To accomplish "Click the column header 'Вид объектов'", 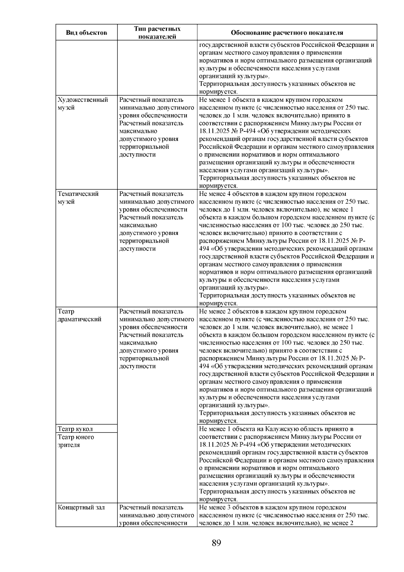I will [x=86, y=33].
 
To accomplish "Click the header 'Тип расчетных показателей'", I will [x=157, y=33].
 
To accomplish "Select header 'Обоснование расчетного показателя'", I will [x=287, y=33].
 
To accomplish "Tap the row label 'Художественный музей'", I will [x=83, y=104].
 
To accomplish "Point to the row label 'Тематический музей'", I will [x=78, y=198].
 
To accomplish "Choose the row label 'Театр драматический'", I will [x=79, y=315].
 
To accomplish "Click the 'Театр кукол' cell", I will [x=75, y=429].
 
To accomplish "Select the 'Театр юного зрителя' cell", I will [x=76, y=441].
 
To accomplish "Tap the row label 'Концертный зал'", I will [x=81, y=508].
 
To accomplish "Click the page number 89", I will [x=216, y=543].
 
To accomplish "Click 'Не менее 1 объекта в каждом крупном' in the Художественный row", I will [x=248, y=100].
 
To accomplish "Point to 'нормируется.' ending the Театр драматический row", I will [x=218, y=421].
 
